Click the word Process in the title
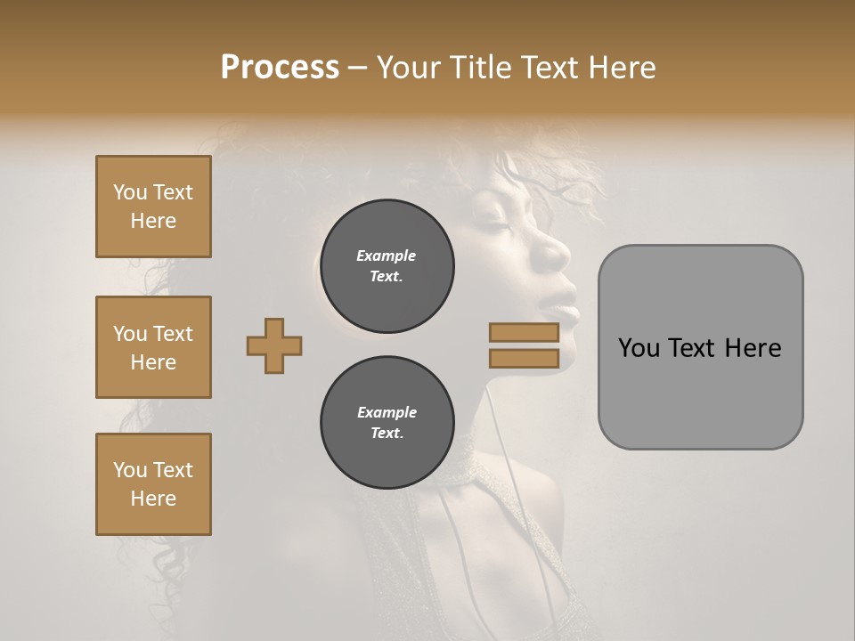pos(280,68)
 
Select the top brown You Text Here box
pos(153,207)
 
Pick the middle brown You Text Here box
pos(153,347)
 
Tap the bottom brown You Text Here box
pos(153,484)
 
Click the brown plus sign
pos(274,345)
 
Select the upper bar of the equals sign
pos(524,333)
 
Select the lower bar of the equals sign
pos(524,359)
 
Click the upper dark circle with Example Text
pos(387,266)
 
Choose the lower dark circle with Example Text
pos(387,423)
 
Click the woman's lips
pos(566,303)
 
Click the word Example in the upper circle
pos(387,256)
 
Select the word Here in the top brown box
pos(153,221)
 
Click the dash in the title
pos(358,68)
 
